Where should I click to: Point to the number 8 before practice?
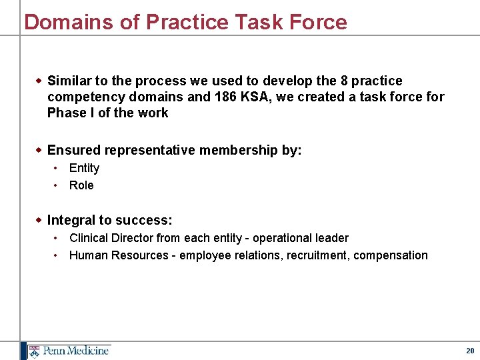point(344,81)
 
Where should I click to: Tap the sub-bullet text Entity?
point(84,168)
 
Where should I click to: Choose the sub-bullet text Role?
point(81,185)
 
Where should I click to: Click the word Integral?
point(71,220)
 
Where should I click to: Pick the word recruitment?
point(317,255)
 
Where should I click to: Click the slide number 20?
point(470,351)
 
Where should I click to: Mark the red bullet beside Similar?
point(39,81)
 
